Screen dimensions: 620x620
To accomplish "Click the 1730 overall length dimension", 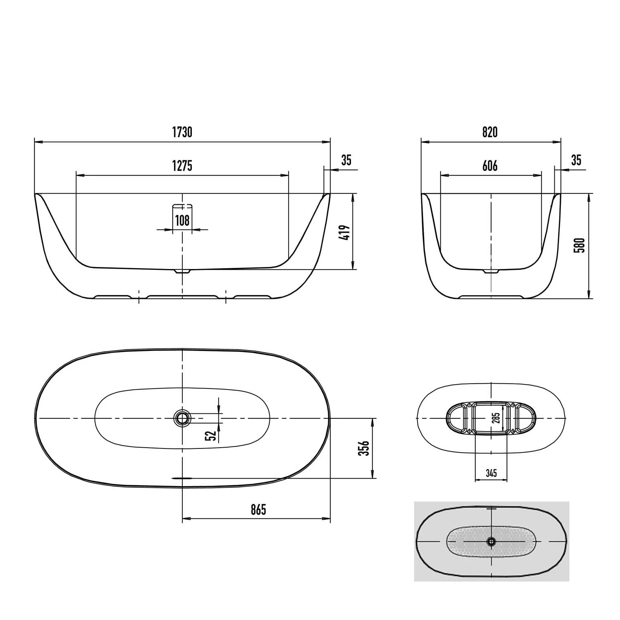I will coord(182,132).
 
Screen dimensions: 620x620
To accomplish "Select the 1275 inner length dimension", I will coord(182,166).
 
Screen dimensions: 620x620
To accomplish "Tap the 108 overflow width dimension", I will coord(182,220).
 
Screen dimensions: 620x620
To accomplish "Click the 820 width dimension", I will coord(490,132).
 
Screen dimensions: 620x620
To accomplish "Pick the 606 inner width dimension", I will coord(490,166).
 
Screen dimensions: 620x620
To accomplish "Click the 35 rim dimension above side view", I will coord(346,160).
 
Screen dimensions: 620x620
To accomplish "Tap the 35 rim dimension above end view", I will coord(576,160).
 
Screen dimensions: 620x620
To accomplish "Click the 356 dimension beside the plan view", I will coord(364,448).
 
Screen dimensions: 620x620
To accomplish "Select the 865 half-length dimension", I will coord(258,510).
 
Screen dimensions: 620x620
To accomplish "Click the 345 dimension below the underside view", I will coord(491,473).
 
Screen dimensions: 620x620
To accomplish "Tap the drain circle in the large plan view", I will coord(182,418).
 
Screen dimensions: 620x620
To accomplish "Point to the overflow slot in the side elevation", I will coord(182,205).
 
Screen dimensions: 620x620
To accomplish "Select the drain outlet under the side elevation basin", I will coord(182,272).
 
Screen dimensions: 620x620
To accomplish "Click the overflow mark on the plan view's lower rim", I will coord(182,478).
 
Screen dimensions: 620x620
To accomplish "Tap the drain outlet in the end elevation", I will coord(491,272).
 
